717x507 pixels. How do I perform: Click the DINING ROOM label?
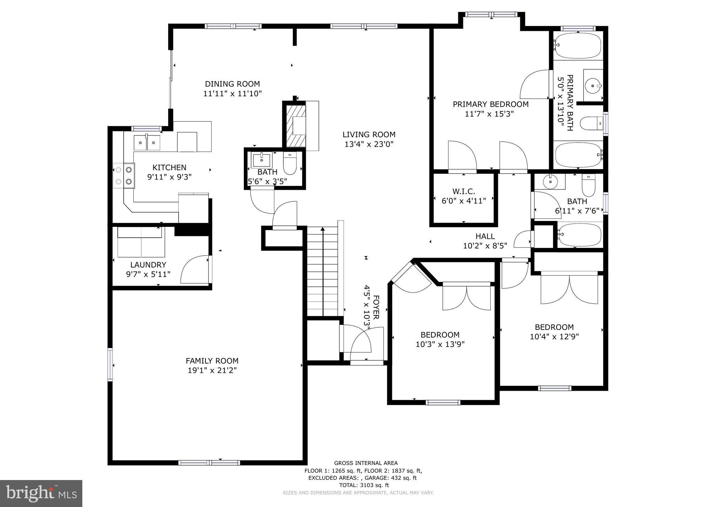pos(232,84)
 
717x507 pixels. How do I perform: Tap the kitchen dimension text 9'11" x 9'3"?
pos(169,177)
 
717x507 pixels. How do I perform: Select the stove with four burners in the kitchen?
pos(124,176)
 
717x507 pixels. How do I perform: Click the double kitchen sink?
pos(147,143)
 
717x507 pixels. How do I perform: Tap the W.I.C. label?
pos(463,192)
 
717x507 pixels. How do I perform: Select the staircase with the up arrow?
pos(323,271)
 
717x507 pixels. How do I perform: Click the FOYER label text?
pos(376,307)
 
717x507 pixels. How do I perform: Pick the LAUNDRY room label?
pos(148,265)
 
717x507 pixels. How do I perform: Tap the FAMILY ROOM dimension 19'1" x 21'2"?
pos(212,370)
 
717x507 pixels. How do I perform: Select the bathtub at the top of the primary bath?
pos(578,46)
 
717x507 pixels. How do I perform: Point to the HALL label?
pos(485,236)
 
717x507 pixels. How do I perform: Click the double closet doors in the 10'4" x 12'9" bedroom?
pos(569,289)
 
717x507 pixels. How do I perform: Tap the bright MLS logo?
pos(41,493)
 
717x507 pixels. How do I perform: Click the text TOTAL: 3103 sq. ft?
pos(364,485)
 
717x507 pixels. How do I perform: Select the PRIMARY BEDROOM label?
pos(490,104)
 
